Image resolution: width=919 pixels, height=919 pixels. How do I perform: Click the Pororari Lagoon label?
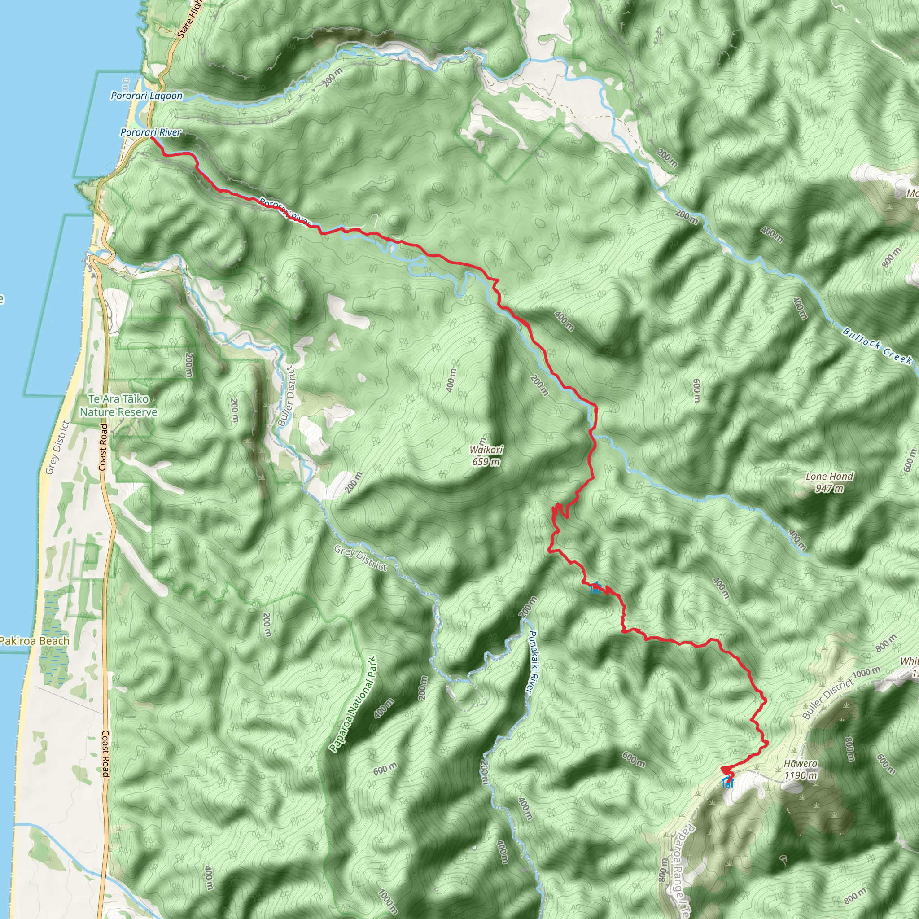point(146,96)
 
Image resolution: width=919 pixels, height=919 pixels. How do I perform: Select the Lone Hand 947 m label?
point(829,482)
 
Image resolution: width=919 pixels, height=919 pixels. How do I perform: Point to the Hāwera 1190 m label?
point(801,770)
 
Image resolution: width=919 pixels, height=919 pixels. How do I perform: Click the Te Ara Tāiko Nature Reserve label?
point(118,405)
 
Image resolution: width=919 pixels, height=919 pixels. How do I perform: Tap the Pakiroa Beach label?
point(34,641)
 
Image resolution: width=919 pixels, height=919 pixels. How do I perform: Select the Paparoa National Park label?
point(353,704)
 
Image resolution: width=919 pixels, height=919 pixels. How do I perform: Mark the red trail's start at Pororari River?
point(151,138)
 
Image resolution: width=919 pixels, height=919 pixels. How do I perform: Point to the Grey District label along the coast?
point(58,447)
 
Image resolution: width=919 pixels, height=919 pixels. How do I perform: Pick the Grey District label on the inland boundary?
point(360,558)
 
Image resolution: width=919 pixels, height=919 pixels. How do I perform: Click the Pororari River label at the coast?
point(150,132)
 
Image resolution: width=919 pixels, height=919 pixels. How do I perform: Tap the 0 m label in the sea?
point(126,86)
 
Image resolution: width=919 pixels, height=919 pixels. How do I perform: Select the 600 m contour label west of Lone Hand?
point(696,390)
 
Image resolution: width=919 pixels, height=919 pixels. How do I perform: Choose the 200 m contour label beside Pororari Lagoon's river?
point(333,78)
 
